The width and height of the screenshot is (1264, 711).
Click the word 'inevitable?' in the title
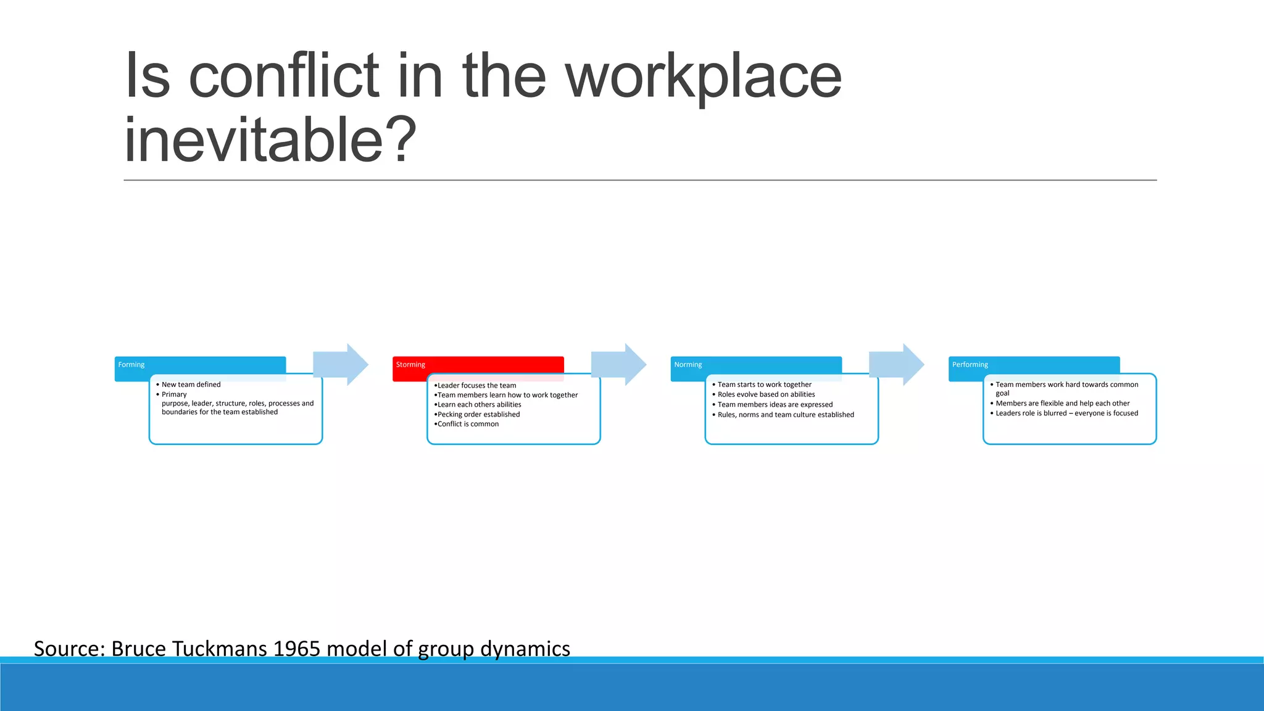point(270,141)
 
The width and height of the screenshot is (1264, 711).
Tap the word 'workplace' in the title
point(704,77)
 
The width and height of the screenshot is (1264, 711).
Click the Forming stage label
point(131,365)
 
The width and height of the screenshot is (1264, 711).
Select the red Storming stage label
point(411,365)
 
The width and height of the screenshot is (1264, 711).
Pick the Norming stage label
point(688,365)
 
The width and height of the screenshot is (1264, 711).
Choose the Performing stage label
point(970,365)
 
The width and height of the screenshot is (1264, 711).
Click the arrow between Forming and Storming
point(340,365)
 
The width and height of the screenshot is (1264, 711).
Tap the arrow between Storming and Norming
point(618,365)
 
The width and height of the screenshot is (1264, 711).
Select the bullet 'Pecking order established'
point(478,415)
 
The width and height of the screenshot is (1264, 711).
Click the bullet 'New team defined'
point(191,385)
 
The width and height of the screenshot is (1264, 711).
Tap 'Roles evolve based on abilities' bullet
point(766,394)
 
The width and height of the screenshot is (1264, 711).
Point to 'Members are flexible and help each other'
point(1062,404)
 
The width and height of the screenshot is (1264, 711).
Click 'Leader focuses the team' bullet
point(476,386)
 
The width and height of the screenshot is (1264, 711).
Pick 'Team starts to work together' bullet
point(764,385)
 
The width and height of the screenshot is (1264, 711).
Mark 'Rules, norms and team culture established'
point(786,415)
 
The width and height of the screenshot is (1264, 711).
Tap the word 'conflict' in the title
point(284,77)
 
